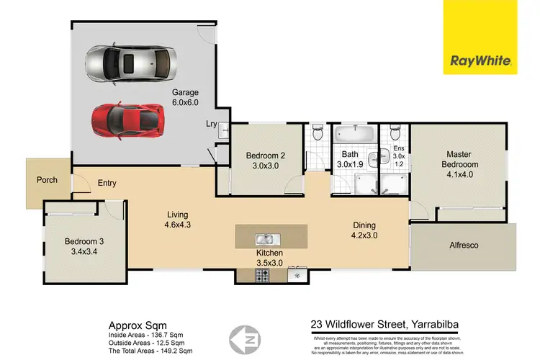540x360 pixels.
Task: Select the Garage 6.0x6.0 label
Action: coord(185,98)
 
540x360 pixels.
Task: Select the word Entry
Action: coord(107,184)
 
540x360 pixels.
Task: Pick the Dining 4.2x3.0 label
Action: coord(364,229)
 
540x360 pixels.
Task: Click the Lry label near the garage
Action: coord(211,123)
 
